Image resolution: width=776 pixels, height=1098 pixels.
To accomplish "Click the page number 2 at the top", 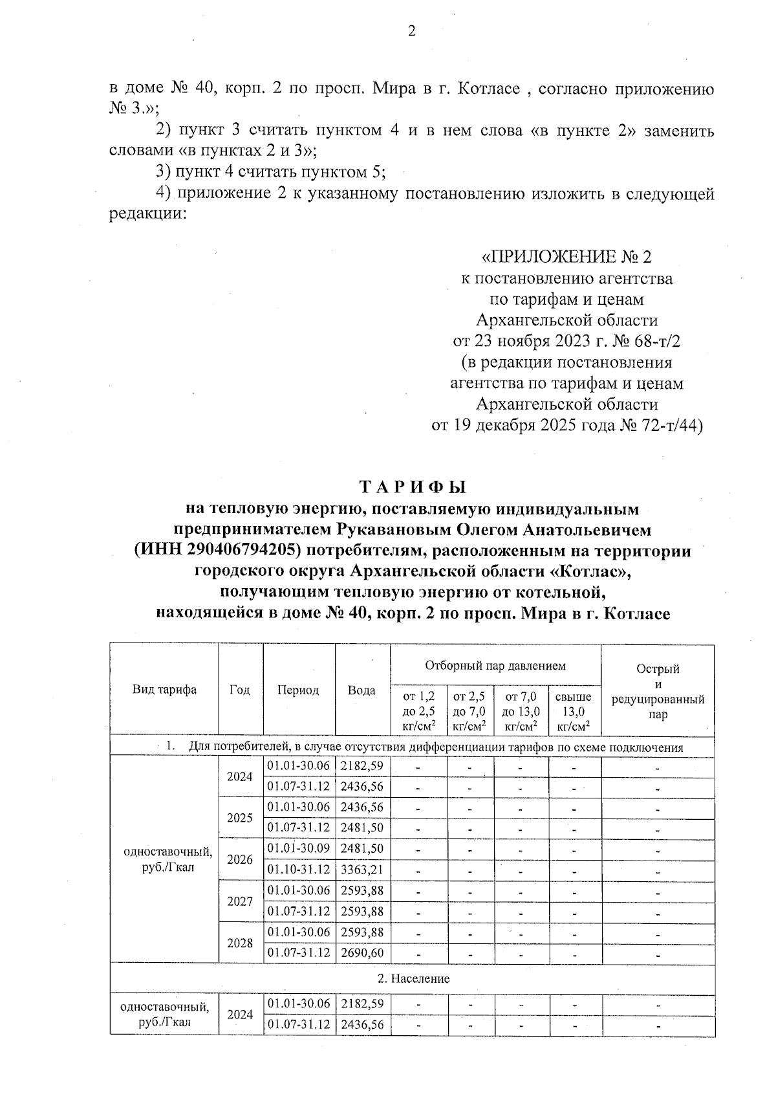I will click(x=411, y=32).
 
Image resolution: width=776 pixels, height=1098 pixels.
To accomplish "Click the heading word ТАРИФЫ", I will click(x=412, y=487).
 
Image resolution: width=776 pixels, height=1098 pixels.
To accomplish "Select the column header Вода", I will click(x=361, y=690).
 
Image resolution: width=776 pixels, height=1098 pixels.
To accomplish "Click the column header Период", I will click(x=298, y=690).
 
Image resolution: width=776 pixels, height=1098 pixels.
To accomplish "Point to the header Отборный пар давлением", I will click(x=495, y=665).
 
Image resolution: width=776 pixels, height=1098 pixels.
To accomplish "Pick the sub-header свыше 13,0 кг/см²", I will click(x=574, y=711).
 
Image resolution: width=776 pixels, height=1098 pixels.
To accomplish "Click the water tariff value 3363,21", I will click(x=362, y=870).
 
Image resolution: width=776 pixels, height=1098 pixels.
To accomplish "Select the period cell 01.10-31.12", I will click(x=298, y=870).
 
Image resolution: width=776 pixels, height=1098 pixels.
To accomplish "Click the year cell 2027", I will click(x=240, y=901).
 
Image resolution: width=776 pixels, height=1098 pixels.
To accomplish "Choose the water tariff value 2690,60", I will click(x=362, y=953).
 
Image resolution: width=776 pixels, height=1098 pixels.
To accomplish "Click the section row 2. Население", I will click(x=413, y=979).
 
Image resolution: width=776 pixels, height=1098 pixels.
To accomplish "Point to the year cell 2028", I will click(x=240, y=943).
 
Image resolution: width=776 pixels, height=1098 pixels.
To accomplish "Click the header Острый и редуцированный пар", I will click(x=657, y=691).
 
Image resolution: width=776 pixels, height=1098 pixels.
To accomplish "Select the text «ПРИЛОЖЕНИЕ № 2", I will click(x=566, y=258).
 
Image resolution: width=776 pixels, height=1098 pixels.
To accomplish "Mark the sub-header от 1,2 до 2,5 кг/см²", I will click(x=418, y=711).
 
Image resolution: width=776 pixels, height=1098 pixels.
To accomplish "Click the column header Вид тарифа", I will click(x=164, y=690).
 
